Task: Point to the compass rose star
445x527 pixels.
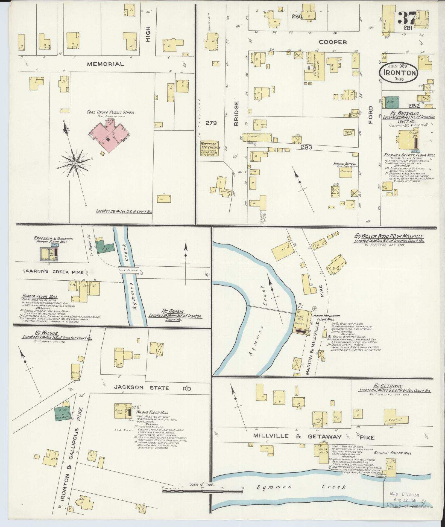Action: tap(74, 163)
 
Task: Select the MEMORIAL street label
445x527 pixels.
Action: tap(105, 64)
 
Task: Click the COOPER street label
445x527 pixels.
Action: tap(333, 42)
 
